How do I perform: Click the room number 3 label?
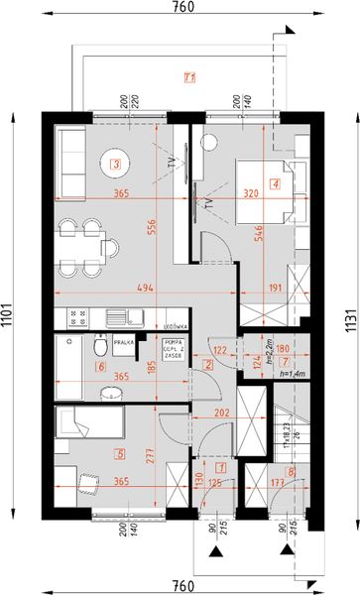click(x=116, y=165)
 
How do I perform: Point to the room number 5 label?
click(x=121, y=455)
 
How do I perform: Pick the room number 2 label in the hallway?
click(x=208, y=365)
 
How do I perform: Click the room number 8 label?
click(x=290, y=473)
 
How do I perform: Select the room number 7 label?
click(x=285, y=363)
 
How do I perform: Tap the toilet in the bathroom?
click(x=100, y=350)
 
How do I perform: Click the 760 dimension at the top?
click(x=182, y=7)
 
